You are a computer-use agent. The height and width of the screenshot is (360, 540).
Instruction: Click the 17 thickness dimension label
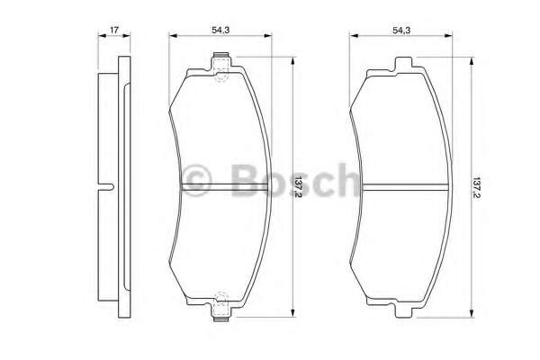pyautogui.click(x=114, y=31)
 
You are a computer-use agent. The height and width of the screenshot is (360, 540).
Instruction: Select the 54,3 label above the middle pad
pyautogui.click(x=221, y=31)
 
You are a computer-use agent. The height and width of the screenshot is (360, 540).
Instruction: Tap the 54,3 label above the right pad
pyautogui.click(x=401, y=31)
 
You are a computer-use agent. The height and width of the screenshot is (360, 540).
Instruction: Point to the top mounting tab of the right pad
pyautogui.click(x=402, y=62)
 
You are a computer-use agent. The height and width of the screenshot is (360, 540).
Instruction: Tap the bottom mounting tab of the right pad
pyautogui.click(x=402, y=313)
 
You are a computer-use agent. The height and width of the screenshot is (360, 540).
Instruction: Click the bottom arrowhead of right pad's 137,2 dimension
pyautogui.click(x=472, y=316)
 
